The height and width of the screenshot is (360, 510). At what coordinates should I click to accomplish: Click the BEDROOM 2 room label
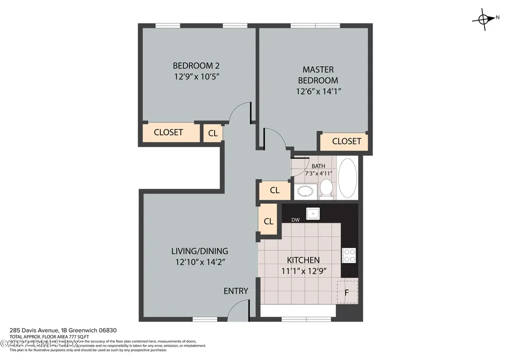coord(196,65)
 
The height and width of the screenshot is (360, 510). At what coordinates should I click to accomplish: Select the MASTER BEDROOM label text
coord(318,75)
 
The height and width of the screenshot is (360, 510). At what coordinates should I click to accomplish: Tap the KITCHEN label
coord(303,260)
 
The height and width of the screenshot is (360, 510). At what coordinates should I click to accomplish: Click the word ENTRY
coord(236,291)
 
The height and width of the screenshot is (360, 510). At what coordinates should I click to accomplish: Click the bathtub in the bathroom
coord(347,178)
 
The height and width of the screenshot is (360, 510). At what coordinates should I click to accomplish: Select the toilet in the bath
coord(326,188)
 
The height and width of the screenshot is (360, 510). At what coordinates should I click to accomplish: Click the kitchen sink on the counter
coord(313,213)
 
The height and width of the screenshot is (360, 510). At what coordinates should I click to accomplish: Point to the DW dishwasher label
coord(295,219)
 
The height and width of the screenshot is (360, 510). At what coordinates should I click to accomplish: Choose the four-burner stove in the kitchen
coord(349,255)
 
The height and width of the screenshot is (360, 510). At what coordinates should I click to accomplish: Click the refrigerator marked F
coord(347,292)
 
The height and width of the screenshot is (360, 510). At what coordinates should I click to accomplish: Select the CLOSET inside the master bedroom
coord(346,141)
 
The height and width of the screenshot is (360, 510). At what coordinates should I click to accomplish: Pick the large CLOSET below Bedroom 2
coord(168,132)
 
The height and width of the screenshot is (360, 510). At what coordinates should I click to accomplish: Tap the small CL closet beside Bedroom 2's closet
coord(213,133)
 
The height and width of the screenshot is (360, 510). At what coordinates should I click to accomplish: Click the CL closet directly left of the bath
coord(274,190)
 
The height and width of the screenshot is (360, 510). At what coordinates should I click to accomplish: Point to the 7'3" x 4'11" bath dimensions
coord(318,173)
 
